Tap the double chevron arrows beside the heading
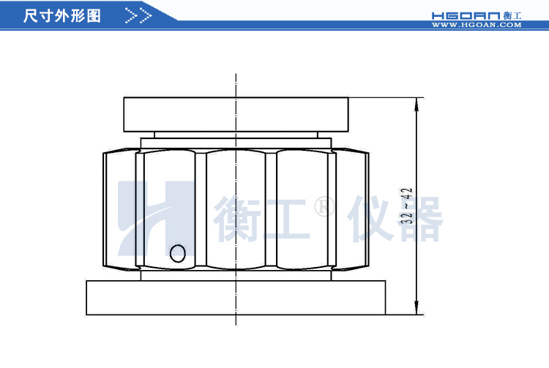click(138, 15)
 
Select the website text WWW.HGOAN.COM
click(476, 25)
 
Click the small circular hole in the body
click(177, 253)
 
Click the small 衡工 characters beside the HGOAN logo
click(512, 15)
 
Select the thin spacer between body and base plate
click(236, 276)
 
